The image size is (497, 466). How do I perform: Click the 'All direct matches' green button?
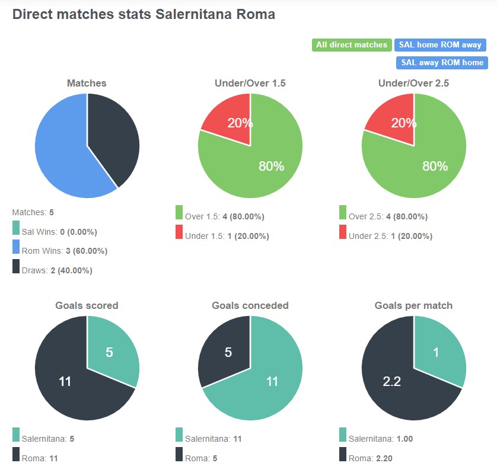pyautogui.click(x=351, y=45)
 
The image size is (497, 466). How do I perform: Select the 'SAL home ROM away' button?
pyautogui.click(x=440, y=45)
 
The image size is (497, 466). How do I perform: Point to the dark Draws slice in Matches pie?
pyautogui.click(x=113, y=136)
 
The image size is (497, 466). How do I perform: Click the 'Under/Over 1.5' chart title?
pyautogui.click(x=250, y=84)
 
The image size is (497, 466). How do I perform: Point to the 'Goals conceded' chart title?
pyautogui.click(x=250, y=306)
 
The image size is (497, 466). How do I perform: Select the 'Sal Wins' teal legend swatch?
pyautogui.click(x=15, y=228)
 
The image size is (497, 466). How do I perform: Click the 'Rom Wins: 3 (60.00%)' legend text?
pyautogui.click(x=64, y=251)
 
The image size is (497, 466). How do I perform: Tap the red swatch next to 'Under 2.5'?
pyautogui.click(x=343, y=232)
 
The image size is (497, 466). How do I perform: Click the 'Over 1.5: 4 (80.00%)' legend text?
pyautogui.click(x=224, y=217)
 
